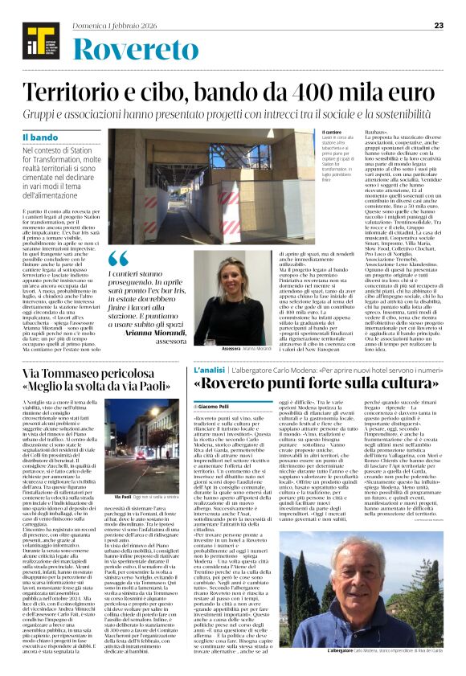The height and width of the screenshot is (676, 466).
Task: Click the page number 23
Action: coord(439,25)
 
